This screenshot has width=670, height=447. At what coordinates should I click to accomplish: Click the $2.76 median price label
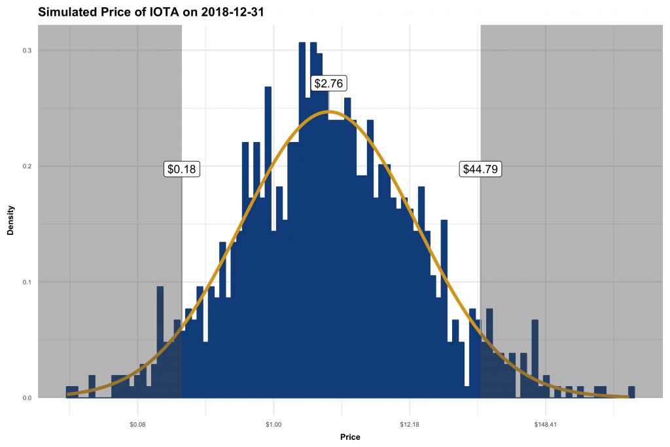click(x=328, y=83)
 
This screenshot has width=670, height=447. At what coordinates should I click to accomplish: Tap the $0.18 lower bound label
click(x=182, y=169)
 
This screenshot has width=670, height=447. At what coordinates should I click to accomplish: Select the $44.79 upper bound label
click(x=480, y=169)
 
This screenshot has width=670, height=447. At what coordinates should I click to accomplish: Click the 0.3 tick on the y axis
click(x=27, y=50)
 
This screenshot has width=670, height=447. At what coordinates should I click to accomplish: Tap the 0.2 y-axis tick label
click(x=27, y=166)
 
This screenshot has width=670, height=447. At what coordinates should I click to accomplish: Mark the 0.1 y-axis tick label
click(x=27, y=282)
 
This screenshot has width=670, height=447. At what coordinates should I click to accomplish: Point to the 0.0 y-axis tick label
click(x=27, y=398)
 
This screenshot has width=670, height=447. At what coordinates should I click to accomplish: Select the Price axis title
click(x=350, y=437)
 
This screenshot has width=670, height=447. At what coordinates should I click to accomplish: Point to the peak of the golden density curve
click(x=329, y=112)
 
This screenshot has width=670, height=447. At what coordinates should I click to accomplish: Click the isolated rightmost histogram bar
click(x=631, y=392)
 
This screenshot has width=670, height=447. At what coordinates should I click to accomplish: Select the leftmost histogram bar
click(x=72, y=392)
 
